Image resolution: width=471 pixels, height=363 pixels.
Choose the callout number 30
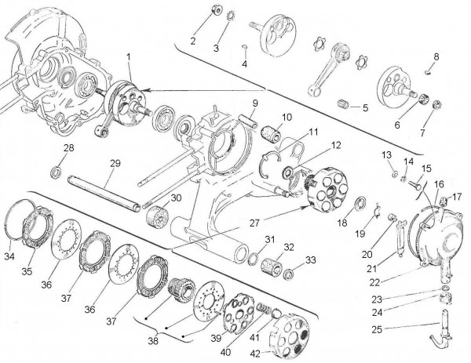175,198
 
